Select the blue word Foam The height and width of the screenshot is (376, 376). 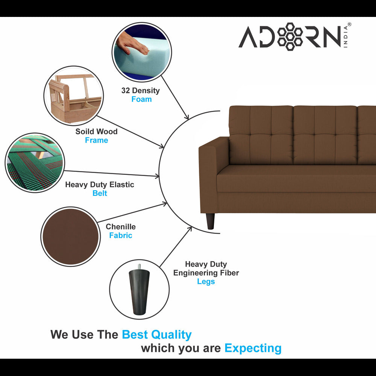[x=141, y=99]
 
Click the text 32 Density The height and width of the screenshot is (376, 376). [x=140, y=91]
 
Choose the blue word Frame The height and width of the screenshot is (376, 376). [x=96, y=140]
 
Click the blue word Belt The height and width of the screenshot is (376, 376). [x=100, y=193]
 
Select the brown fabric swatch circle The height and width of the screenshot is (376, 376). [x=70, y=237]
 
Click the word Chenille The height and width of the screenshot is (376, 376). [x=121, y=227]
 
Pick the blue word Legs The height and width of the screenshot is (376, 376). [x=206, y=282]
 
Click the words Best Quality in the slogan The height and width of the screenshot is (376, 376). [x=157, y=334]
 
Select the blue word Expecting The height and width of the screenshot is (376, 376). [x=253, y=348]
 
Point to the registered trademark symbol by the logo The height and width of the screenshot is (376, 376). [x=349, y=24]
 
